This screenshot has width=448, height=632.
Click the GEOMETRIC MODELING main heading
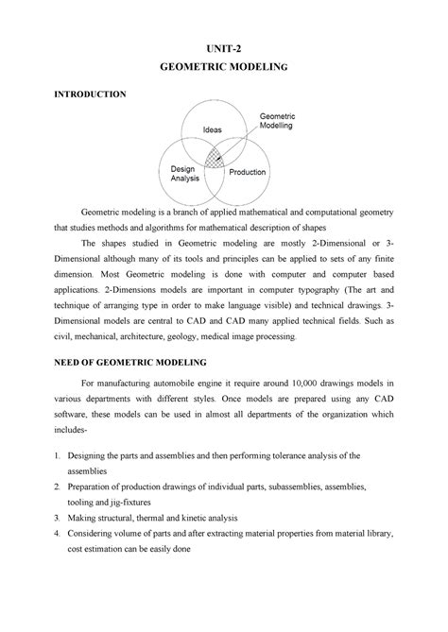[224, 69]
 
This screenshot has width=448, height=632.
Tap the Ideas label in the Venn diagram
[212, 129]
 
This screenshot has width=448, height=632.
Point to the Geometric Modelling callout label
[276, 119]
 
